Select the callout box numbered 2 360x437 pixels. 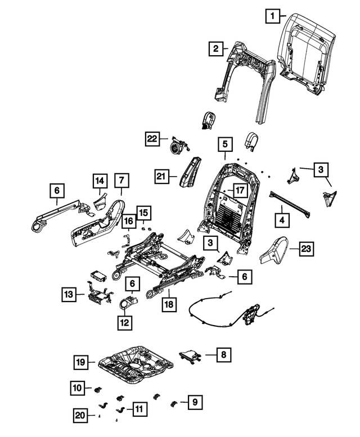(215, 49)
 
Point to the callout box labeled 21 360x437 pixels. (162, 177)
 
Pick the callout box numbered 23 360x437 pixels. (307, 248)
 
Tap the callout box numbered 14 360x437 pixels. (100, 181)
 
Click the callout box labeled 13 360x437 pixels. (69, 294)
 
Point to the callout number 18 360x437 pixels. (169, 304)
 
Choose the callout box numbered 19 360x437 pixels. (82, 363)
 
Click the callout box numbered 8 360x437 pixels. (223, 354)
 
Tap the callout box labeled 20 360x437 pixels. (82, 415)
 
